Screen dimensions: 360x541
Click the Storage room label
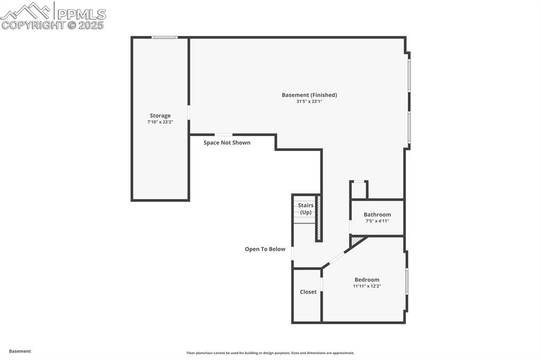point(160,116)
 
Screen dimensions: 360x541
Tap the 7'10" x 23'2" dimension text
point(160,122)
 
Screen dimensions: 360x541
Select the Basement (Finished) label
point(309,95)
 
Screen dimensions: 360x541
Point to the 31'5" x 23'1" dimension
point(309,101)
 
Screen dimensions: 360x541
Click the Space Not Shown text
point(227,143)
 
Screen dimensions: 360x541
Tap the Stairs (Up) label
point(306,209)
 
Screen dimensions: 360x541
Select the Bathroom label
point(377,214)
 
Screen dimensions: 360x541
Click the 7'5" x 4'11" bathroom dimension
point(377,221)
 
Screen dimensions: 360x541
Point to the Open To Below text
point(265,249)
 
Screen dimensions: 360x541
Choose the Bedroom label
point(367,280)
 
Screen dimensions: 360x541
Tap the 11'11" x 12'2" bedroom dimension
point(367,286)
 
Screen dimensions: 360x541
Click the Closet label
point(308,292)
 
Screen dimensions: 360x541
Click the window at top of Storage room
point(164,37)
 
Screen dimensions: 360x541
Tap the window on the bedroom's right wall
point(406,281)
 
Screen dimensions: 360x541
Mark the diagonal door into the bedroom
point(337,258)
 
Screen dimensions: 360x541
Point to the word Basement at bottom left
point(20,351)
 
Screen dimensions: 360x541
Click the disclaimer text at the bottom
point(270,353)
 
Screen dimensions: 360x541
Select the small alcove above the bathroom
point(359,190)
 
